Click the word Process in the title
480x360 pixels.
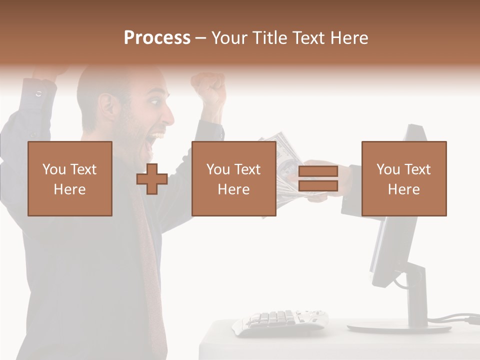(x=157, y=38)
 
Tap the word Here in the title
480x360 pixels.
(x=348, y=38)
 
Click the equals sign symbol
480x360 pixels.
(x=318, y=179)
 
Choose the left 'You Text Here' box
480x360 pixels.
(x=70, y=179)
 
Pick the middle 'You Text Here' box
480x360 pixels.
(x=234, y=179)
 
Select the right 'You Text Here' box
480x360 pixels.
(x=404, y=179)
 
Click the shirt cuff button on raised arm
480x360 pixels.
(x=39, y=94)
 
